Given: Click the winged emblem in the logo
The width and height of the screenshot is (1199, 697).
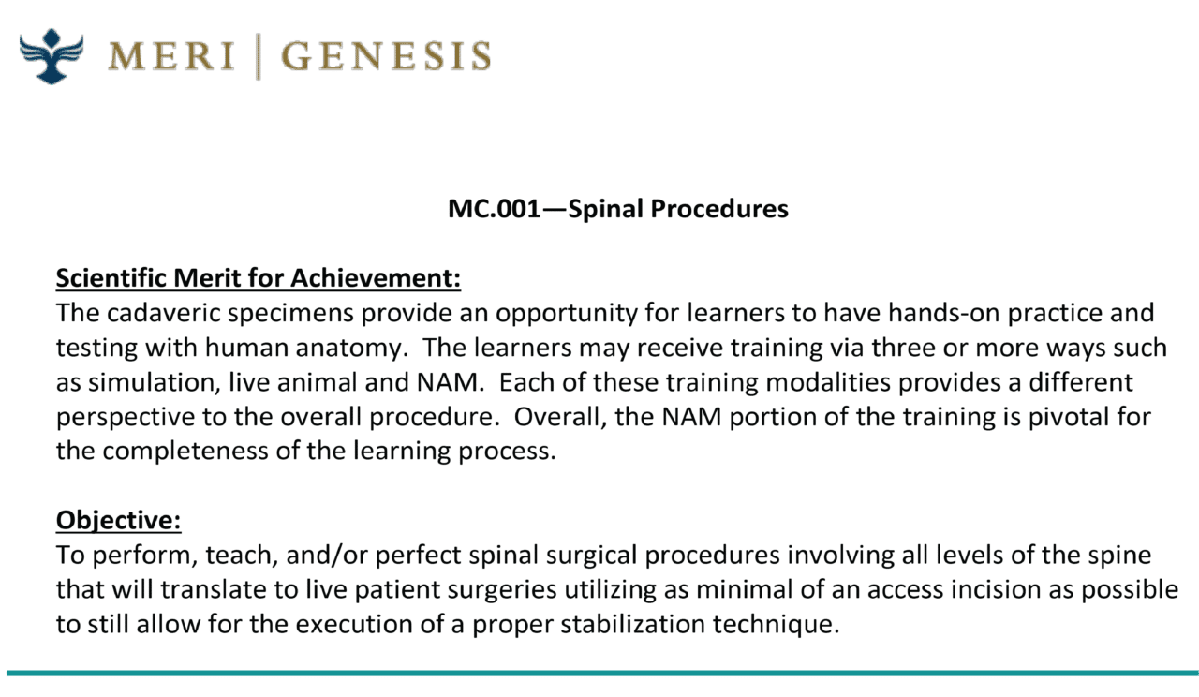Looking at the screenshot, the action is coord(52,56).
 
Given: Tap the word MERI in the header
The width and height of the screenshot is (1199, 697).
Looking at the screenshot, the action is coord(171,55).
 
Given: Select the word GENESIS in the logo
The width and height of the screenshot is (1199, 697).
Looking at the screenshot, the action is coord(386,55).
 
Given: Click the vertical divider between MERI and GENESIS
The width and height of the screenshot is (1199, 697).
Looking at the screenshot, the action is coord(259,56).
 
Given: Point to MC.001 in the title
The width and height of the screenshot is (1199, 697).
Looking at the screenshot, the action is coord(495,208).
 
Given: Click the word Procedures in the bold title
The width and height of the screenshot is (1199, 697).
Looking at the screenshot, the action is coord(719,209).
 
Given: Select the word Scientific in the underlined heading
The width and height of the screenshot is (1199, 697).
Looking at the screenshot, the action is coord(111,278).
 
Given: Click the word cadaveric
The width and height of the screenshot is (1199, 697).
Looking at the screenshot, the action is coord(164,313).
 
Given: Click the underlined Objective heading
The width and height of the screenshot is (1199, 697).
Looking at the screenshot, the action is coord(118,520).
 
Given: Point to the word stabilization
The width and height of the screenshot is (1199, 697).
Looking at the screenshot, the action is coord(632,624).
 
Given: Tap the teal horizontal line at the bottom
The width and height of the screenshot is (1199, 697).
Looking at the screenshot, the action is coord(602,674).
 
